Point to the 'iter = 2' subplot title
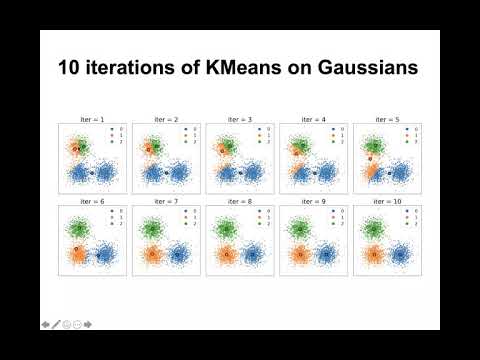[x=165, y=118]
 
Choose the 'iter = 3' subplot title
[x=239, y=118]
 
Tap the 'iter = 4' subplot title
[x=313, y=118]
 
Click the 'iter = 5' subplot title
[x=387, y=118]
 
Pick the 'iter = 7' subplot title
[x=165, y=201]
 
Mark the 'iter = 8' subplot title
[x=239, y=201]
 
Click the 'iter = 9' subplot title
[x=313, y=201]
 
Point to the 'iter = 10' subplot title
[x=387, y=201]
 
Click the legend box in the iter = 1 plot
[x=113, y=135]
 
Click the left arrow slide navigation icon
[x=45, y=325]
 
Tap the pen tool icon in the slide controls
[x=56, y=325]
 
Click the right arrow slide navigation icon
[x=88, y=325]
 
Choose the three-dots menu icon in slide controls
[x=77, y=325]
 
